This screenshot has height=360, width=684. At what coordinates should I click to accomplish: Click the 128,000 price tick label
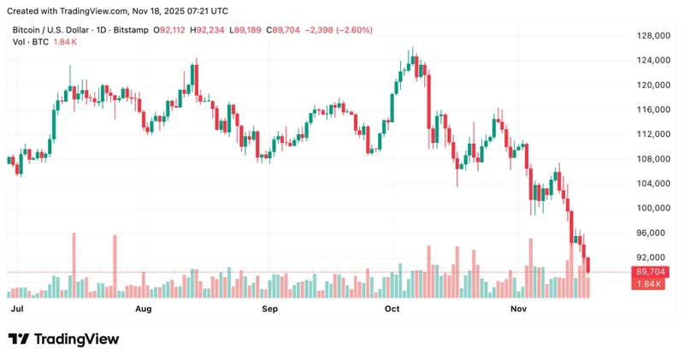click(x=651, y=36)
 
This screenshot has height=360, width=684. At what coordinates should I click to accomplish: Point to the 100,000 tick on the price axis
click(x=651, y=208)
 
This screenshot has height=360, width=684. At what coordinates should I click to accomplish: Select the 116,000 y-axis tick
click(x=651, y=109)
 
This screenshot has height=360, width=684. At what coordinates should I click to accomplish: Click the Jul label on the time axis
click(x=15, y=307)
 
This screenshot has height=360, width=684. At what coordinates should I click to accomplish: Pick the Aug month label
click(x=143, y=307)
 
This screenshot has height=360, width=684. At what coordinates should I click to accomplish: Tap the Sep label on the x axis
click(x=270, y=307)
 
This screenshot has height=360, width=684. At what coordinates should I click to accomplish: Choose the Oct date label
click(x=392, y=307)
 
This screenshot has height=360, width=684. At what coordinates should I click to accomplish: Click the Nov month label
click(x=519, y=307)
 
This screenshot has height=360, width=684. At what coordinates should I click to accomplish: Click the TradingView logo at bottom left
click(x=63, y=339)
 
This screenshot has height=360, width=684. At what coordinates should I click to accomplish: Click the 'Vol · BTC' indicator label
click(x=29, y=42)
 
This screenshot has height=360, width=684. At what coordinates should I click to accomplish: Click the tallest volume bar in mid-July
click(x=74, y=265)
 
